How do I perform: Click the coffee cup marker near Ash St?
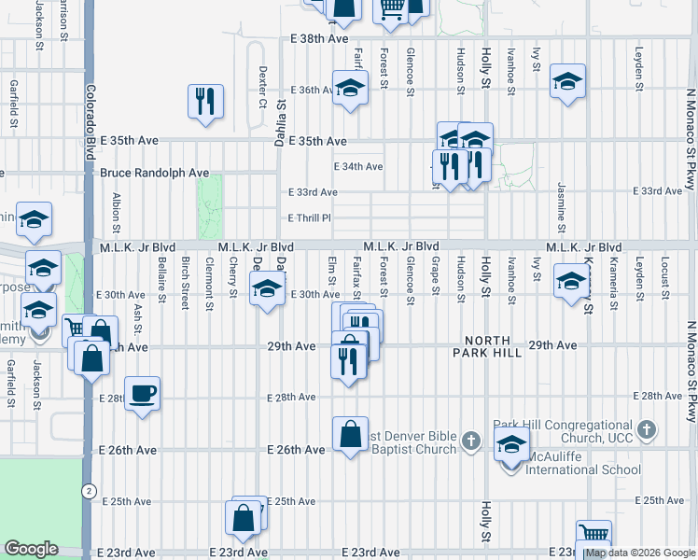[x=142, y=394]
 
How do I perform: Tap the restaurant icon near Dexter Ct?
[x=205, y=100]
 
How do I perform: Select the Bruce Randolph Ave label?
[x=155, y=173]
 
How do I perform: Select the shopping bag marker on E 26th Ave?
[x=350, y=434]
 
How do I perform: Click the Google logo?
[x=31, y=549]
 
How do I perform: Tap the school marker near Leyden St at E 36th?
[x=567, y=81]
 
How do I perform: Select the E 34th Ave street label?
[x=358, y=167]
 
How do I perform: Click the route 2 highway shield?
[x=88, y=490]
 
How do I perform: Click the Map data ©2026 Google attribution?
[x=640, y=553]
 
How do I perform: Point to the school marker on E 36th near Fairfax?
[x=350, y=89]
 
